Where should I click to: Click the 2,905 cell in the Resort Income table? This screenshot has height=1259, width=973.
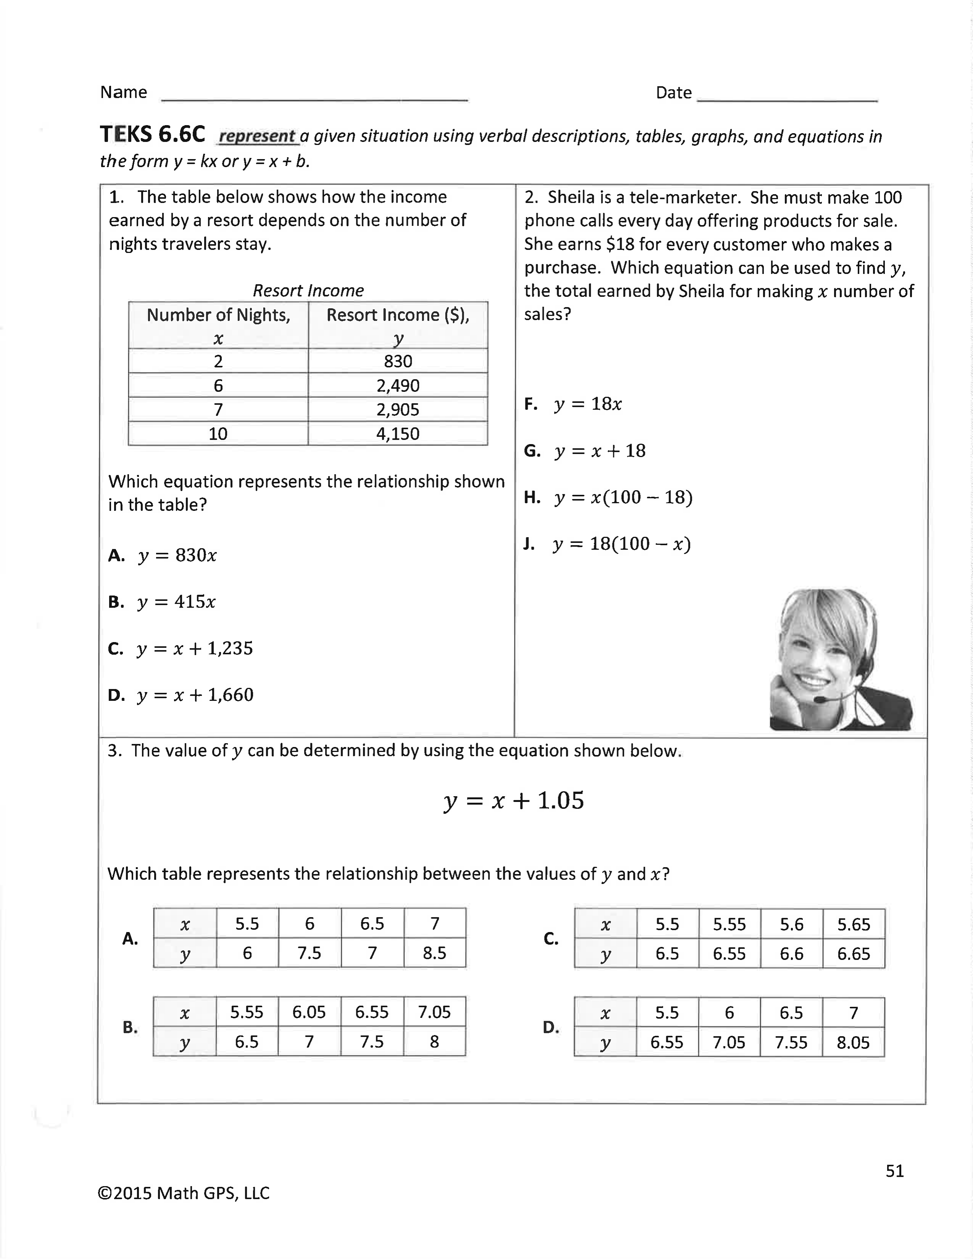click(398, 409)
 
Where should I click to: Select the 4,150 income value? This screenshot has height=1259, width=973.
click(398, 433)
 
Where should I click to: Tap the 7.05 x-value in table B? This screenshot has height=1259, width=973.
click(434, 1012)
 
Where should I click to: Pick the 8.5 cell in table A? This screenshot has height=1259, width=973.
click(434, 953)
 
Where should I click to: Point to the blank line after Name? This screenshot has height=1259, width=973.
click(314, 99)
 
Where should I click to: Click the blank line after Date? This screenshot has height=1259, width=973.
click(787, 99)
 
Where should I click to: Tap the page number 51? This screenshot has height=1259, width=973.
click(895, 1171)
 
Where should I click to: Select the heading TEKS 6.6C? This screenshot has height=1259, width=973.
click(153, 134)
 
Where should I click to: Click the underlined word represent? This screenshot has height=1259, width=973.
click(258, 136)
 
